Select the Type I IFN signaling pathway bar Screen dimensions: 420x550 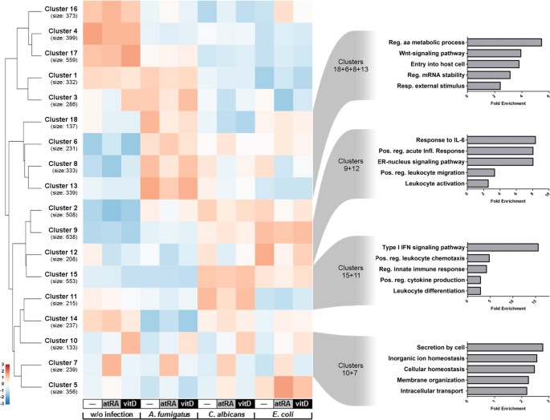502,247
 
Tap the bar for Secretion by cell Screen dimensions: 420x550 505,347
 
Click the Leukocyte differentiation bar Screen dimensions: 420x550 474,290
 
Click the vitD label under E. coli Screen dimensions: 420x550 302,402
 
